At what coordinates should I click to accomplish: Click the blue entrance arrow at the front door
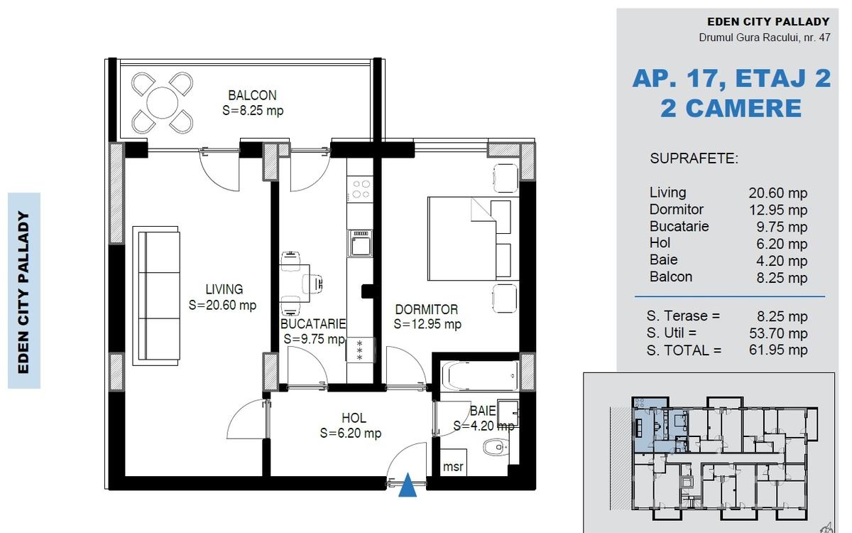[x=408, y=485]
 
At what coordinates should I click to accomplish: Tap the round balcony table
[x=162, y=103]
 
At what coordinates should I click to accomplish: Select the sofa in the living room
[x=156, y=296]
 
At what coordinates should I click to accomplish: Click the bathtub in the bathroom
[x=479, y=376]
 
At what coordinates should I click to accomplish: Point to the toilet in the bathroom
[x=496, y=447]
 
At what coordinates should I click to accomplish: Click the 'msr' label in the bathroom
[x=453, y=466]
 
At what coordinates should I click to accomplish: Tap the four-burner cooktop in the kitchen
[x=361, y=189]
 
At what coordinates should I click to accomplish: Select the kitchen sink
[x=360, y=243]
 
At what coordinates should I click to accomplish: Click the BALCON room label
[x=252, y=95]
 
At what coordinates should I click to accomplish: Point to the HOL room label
[x=354, y=418]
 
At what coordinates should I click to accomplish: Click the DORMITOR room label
[x=427, y=310]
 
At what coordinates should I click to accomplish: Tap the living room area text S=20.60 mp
[x=222, y=305]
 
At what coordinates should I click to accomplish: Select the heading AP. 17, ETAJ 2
[x=731, y=78]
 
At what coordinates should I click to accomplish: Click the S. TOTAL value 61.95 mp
[x=778, y=350]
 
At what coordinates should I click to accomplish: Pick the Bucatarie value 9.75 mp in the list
[x=782, y=227]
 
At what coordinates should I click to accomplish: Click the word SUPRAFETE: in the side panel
[x=694, y=158]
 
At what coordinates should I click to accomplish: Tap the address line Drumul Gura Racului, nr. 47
[x=765, y=38]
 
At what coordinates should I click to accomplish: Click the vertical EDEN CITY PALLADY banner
[x=24, y=291]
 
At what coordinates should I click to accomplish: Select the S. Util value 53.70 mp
[x=778, y=333]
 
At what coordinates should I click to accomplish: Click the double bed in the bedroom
[x=473, y=239]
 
